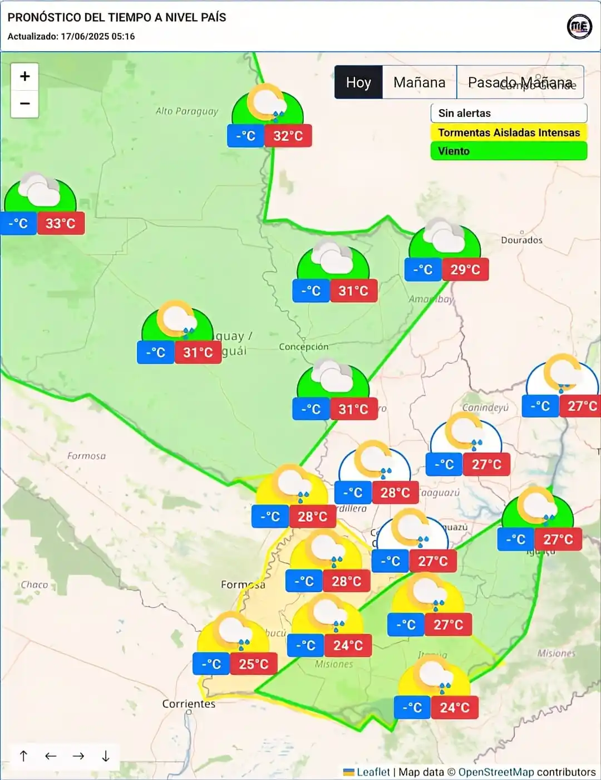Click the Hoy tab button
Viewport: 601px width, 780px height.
point(358,82)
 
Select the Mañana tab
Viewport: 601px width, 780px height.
point(419,82)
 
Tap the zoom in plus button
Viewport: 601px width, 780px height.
point(25,76)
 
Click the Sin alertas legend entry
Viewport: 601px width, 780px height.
point(509,113)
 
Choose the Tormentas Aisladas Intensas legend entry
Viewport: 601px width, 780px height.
point(509,133)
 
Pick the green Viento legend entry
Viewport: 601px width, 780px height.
point(509,151)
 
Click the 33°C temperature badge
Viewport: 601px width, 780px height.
point(61,223)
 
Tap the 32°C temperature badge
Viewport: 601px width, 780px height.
point(288,136)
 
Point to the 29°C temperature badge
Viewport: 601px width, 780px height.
point(465,269)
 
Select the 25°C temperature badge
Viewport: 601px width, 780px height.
point(254,664)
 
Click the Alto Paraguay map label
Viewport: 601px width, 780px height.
point(187,111)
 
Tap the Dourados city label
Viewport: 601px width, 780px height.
point(521,240)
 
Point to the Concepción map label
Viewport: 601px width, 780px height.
point(303,346)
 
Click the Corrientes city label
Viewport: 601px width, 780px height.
point(189,704)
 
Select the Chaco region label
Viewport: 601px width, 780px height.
point(35,585)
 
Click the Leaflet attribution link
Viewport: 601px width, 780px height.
point(373,772)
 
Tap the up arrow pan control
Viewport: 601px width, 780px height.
point(23,756)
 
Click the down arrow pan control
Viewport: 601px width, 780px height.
point(106,756)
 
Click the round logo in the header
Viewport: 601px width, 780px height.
point(579,26)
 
